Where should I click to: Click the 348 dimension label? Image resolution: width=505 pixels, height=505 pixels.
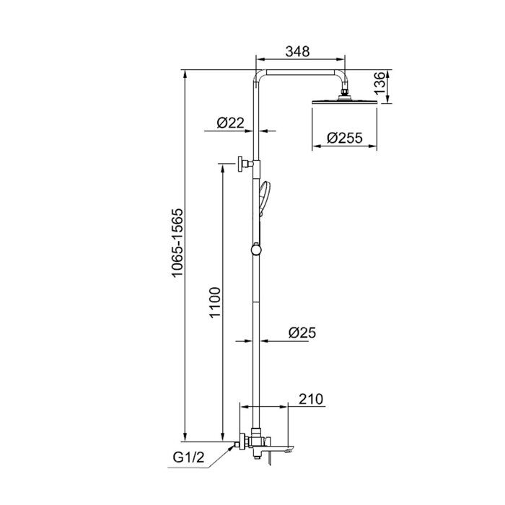tap(297, 51)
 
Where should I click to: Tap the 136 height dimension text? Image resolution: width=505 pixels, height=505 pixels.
tap(380, 83)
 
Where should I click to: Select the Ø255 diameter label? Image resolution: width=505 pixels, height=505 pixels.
tap(345, 138)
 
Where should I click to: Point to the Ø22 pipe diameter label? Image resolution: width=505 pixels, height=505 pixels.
tap(230, 123)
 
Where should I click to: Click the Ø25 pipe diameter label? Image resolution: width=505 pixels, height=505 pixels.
tap(302, 333)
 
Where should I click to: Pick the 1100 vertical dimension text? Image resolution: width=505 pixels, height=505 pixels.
tap(215, 302)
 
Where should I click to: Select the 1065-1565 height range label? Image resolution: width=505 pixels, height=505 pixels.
tap(177, 243)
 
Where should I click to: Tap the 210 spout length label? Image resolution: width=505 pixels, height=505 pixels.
tap(311, 399)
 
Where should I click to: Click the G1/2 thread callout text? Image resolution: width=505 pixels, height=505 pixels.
tap(189, 457)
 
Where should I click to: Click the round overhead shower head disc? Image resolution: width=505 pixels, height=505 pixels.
tap(344, 102)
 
